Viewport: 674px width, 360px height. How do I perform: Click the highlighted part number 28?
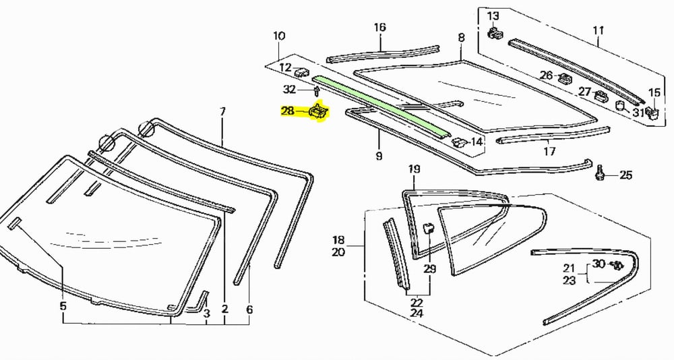pos(288,111)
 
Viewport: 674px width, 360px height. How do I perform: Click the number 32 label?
pos(289,90)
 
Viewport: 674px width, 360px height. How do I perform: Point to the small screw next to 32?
pos(317,90)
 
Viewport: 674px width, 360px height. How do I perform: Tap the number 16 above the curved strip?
pos(380,28)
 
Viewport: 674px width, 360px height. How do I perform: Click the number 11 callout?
pos(598,30)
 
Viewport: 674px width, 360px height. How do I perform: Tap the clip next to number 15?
pos(652,113)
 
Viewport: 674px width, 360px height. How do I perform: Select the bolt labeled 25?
pos(600,175)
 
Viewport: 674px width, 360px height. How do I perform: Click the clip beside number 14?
pos(458,142)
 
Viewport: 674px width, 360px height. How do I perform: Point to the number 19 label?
pos(414,169)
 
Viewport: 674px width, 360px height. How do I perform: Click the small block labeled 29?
pos(428,229)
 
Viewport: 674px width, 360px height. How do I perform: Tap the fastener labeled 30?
pos(615,265)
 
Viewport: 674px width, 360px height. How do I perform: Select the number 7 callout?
pos(224,111)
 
